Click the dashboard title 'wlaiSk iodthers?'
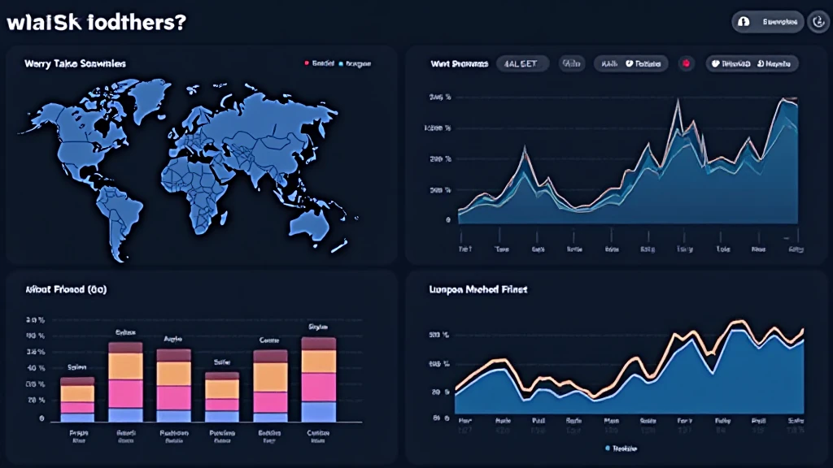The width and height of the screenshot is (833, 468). [x=96, y=23]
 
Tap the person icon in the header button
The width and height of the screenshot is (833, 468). [x=744, y=23]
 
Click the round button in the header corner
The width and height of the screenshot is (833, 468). [x=819, y=23]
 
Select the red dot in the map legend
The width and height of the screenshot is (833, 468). [x=307, y=63]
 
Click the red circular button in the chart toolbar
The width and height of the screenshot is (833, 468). [x=687, y=63]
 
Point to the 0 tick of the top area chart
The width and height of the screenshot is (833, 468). [x=447, y=219]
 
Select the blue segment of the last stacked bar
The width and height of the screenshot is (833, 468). [x=319, y=411]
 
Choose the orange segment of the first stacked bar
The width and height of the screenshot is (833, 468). [x=77, y=393]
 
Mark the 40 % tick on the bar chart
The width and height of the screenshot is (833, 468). [x=36, y=368]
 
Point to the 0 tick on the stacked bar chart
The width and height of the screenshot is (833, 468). [x=41, y=418]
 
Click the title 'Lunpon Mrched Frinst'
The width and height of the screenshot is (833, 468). [x=478, y=289]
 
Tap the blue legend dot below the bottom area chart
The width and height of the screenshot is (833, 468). [x=608, y=448]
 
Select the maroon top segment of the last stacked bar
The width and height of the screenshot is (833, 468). [x=319, y=343]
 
